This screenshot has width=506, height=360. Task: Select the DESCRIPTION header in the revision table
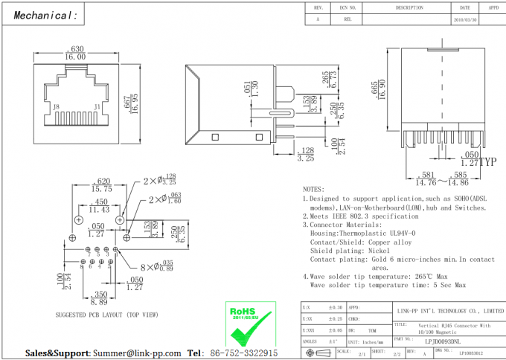click(x=409, y=7)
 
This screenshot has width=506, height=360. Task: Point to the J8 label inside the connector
click(x=57, y=107)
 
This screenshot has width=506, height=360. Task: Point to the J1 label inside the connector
click(x=97, y=107)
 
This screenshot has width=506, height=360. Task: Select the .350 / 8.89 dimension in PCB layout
click(x=97, y=299)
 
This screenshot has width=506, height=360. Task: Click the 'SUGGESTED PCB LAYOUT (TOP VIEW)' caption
click(x=106, y=315)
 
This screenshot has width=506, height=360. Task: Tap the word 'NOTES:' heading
click(x=313, y=190)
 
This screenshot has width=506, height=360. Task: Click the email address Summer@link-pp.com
click(x=136, y=353)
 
